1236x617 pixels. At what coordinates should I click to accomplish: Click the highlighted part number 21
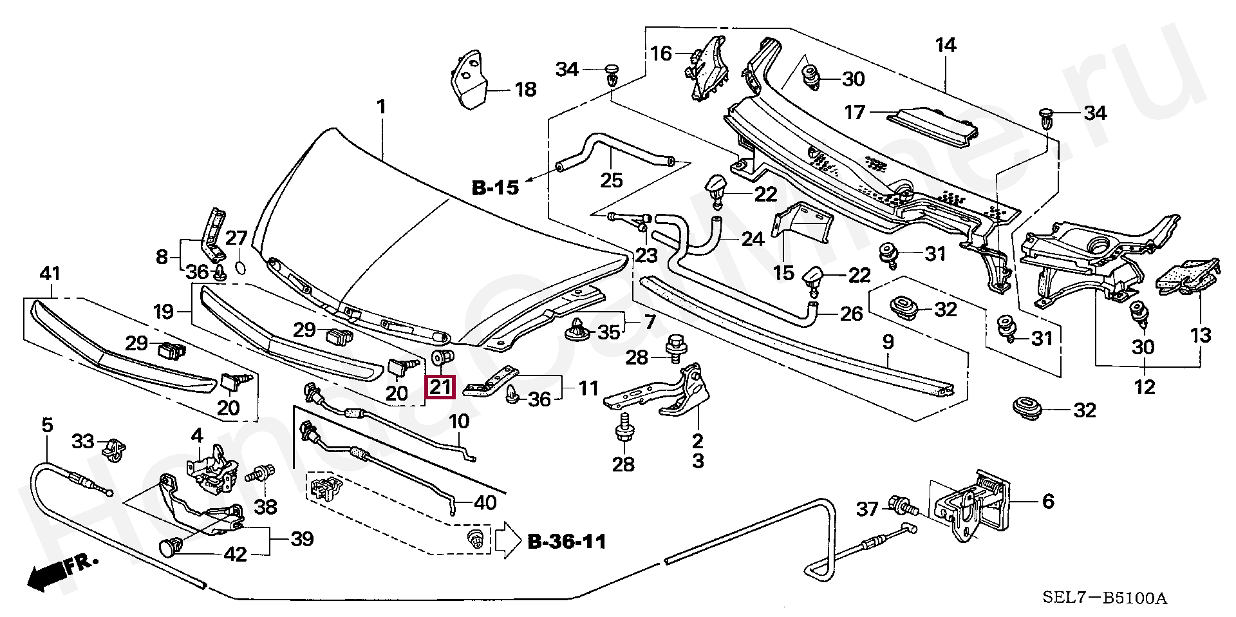pos(442,387)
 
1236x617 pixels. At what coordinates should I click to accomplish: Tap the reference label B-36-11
pos(566,542)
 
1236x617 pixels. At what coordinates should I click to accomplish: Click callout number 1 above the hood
pos(381,106)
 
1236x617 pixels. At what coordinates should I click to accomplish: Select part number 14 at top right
pos(946,46)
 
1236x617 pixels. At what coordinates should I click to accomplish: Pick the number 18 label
pos(526,90)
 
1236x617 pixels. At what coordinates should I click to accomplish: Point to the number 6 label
pos(1048,500)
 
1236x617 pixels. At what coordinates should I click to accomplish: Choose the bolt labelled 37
pos(901,506)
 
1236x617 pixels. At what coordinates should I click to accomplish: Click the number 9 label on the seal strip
pos(888,343)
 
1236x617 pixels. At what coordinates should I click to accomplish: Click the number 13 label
pos(1201,336)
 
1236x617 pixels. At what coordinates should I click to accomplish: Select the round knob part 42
pos(169,548)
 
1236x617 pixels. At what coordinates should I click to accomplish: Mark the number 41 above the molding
pos(50,274)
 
